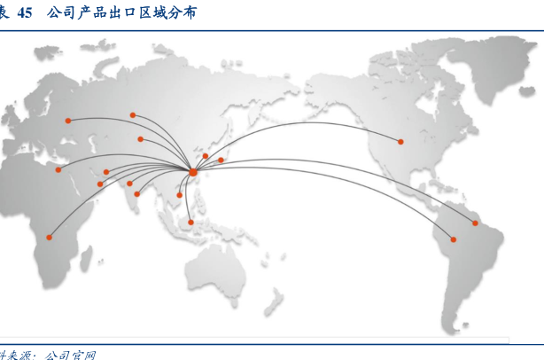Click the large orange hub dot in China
[193, 171]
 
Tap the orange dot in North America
[400, 141]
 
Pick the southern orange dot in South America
[454, 239]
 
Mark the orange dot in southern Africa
[49, 237]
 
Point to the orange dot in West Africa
[58, 169]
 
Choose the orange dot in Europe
[68, 121]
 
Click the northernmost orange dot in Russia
[133, 114]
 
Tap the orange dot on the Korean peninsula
[206, 156]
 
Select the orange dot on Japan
[221, 160]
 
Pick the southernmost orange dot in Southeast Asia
[190, 222]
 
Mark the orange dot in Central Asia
[140, 139]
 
